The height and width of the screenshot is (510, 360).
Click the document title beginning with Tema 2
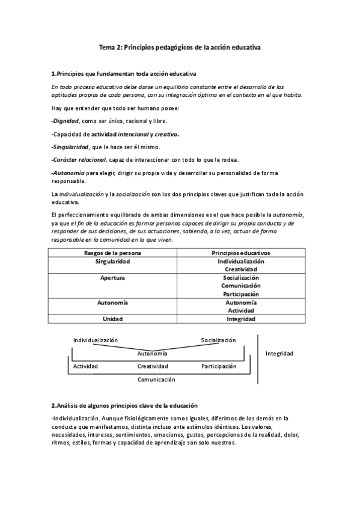[180, 46]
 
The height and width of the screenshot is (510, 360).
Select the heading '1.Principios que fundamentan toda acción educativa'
[123, 74]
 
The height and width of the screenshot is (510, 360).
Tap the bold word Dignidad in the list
[66, 121]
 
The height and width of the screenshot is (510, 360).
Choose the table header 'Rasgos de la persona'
[113, 253]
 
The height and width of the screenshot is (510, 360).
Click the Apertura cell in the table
[113, 278]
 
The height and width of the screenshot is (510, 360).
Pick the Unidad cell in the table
[113, 319]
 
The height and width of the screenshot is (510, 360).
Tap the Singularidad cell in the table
[113, 262]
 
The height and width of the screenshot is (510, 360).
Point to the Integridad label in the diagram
[279, 354]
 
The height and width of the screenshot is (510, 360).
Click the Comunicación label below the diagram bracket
[156, 379]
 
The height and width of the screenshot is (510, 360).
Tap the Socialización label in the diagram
[218, 340]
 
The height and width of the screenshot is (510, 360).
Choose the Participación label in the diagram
[219, 366]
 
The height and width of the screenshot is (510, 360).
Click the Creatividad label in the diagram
[152, 366]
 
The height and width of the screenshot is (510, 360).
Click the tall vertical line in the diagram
[257, 358]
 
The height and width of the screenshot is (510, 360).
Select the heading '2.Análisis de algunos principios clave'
[125, 406]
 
